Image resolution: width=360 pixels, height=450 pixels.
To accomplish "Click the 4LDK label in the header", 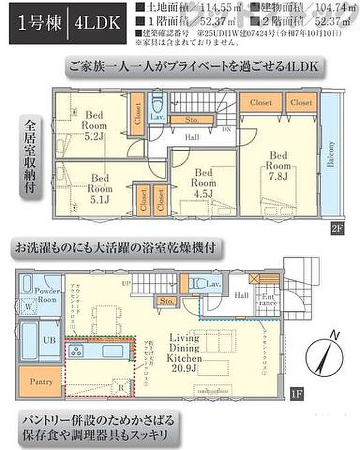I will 97,23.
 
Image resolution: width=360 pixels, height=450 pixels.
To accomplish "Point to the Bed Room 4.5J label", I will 204,181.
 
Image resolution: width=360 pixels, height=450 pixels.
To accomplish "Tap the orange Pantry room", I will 41,381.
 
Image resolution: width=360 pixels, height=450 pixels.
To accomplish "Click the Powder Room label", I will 46,293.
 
